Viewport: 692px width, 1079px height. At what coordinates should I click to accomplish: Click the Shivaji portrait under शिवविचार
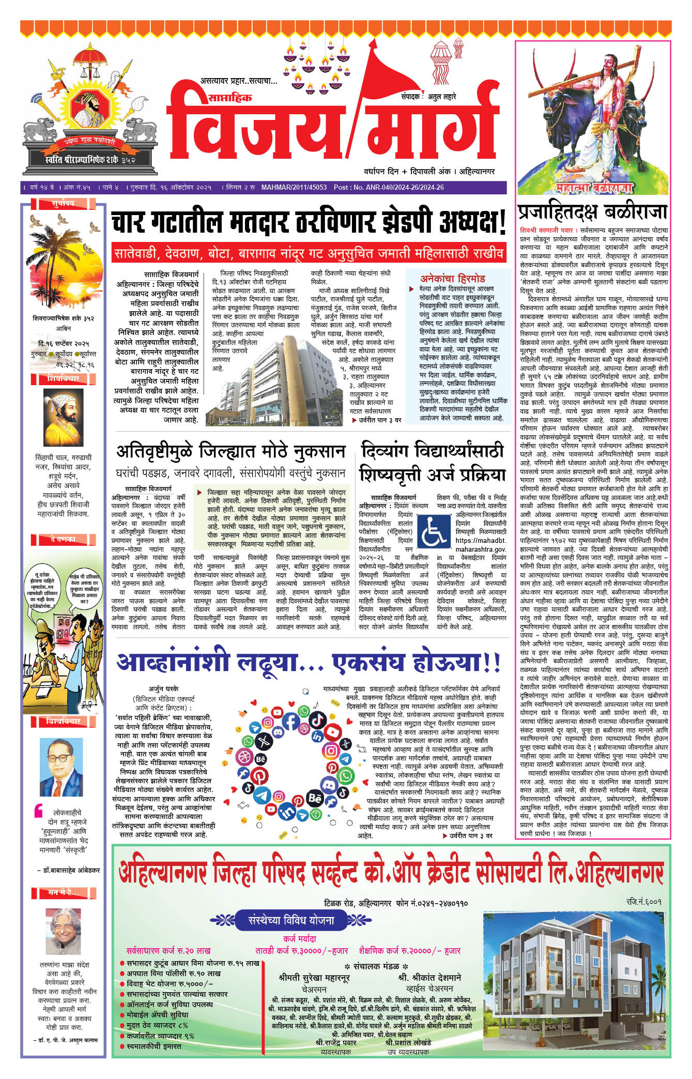point(63,418)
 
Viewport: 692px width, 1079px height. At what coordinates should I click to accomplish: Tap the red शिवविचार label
point(63,379)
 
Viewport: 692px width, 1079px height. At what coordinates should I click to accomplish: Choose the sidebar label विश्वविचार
point(63,721)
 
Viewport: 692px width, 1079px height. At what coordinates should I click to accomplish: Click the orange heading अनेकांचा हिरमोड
point(453,278)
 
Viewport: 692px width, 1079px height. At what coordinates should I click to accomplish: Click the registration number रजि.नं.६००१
point(643,902)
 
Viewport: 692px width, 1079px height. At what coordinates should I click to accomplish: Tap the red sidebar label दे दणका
point(63,539)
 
